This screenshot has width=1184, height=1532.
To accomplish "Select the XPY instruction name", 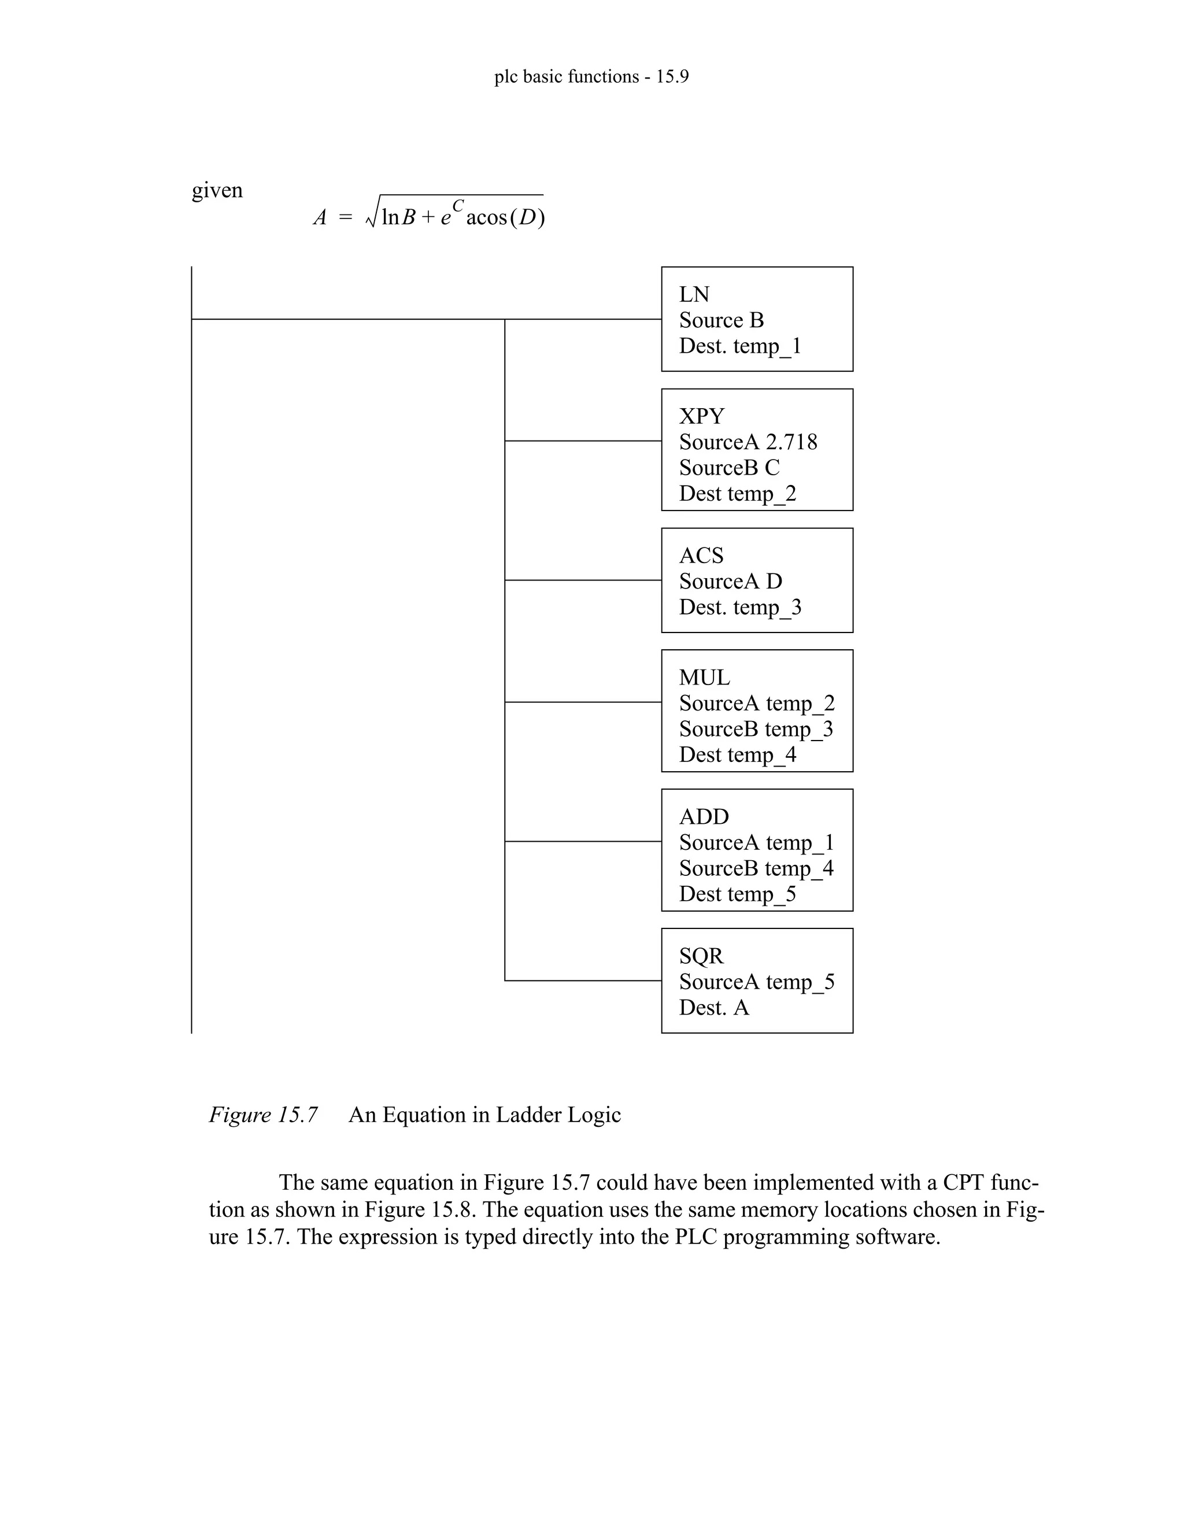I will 701,416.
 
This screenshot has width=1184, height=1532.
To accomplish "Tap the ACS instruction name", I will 701,555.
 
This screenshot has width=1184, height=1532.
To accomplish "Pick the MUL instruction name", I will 704,677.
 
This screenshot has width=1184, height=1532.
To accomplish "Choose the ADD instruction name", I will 704,816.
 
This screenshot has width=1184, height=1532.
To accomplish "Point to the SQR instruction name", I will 701,956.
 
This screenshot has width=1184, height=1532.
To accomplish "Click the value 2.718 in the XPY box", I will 791,442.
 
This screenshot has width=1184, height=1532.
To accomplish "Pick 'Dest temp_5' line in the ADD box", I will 737,894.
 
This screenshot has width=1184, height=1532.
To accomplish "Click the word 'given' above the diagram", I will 217,190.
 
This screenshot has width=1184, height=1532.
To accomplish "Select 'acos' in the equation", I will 486,217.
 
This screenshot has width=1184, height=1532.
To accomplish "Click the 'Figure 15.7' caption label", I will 263,1115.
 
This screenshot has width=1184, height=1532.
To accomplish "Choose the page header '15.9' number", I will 672,76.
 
